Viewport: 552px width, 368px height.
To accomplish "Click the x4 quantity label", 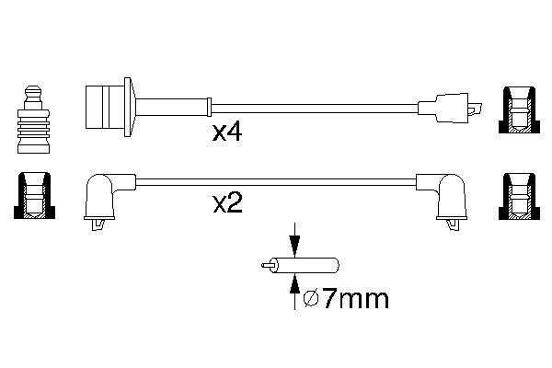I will tap(227, 134).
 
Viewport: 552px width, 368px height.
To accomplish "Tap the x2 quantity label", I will tap(227, 202).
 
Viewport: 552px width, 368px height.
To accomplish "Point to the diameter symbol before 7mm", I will tap(309, 299).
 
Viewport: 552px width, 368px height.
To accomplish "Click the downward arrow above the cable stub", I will tap(294, 241).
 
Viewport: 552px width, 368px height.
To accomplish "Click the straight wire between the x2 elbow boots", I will tap(276, 182).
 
